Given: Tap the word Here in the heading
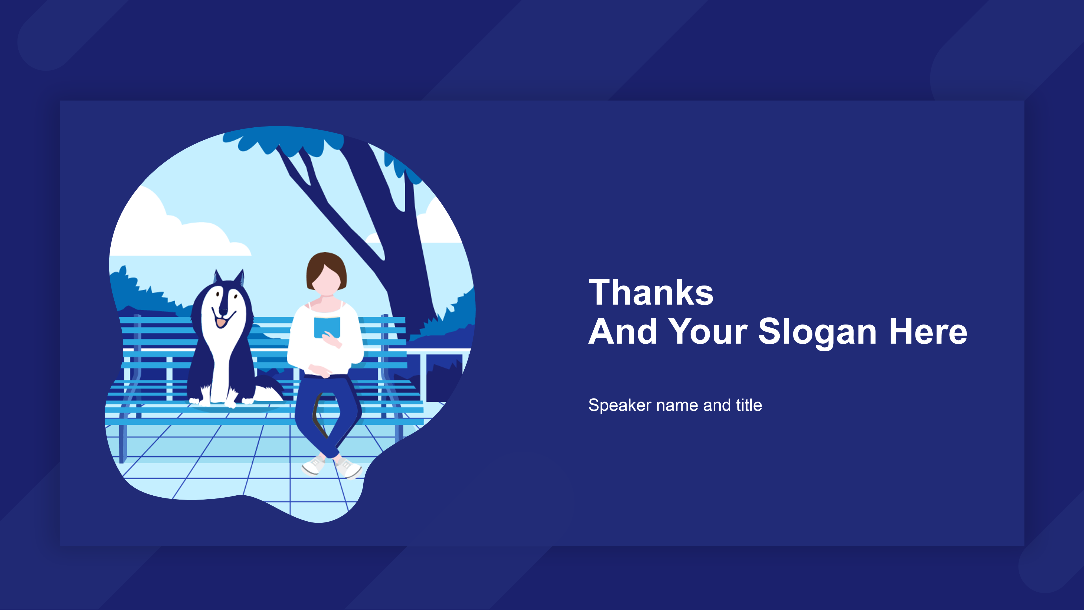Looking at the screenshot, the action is click(x=928, y=331).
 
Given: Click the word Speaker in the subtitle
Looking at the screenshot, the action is click(x=620, y=406).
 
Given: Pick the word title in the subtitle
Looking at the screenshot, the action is click(x=749, y=405).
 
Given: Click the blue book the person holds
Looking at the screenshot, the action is click(x=327, y=328).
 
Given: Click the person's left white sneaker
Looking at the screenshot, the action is click(x=314, y=465).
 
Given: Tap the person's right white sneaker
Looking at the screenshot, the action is click(x=348, y=468).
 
